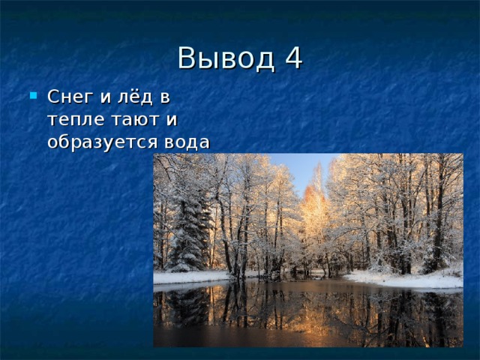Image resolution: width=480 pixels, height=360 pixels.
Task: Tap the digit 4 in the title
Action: [x=294, y=58]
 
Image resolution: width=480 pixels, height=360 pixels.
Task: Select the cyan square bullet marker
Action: [x=33, y=95]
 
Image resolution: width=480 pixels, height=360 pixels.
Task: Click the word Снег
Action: [x=70, y=97]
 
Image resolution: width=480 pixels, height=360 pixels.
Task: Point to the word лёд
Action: [x=135, y=97]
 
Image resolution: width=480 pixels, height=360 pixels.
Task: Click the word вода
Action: [x=187, y=142]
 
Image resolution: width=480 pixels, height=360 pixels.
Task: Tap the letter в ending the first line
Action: [x=165, y=98]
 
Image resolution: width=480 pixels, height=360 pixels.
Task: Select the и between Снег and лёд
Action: [x=105, y=98]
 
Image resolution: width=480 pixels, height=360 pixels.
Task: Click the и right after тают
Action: [x=172, y=120]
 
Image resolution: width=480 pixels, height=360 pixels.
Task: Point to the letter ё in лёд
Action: [x=135, y=96]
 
